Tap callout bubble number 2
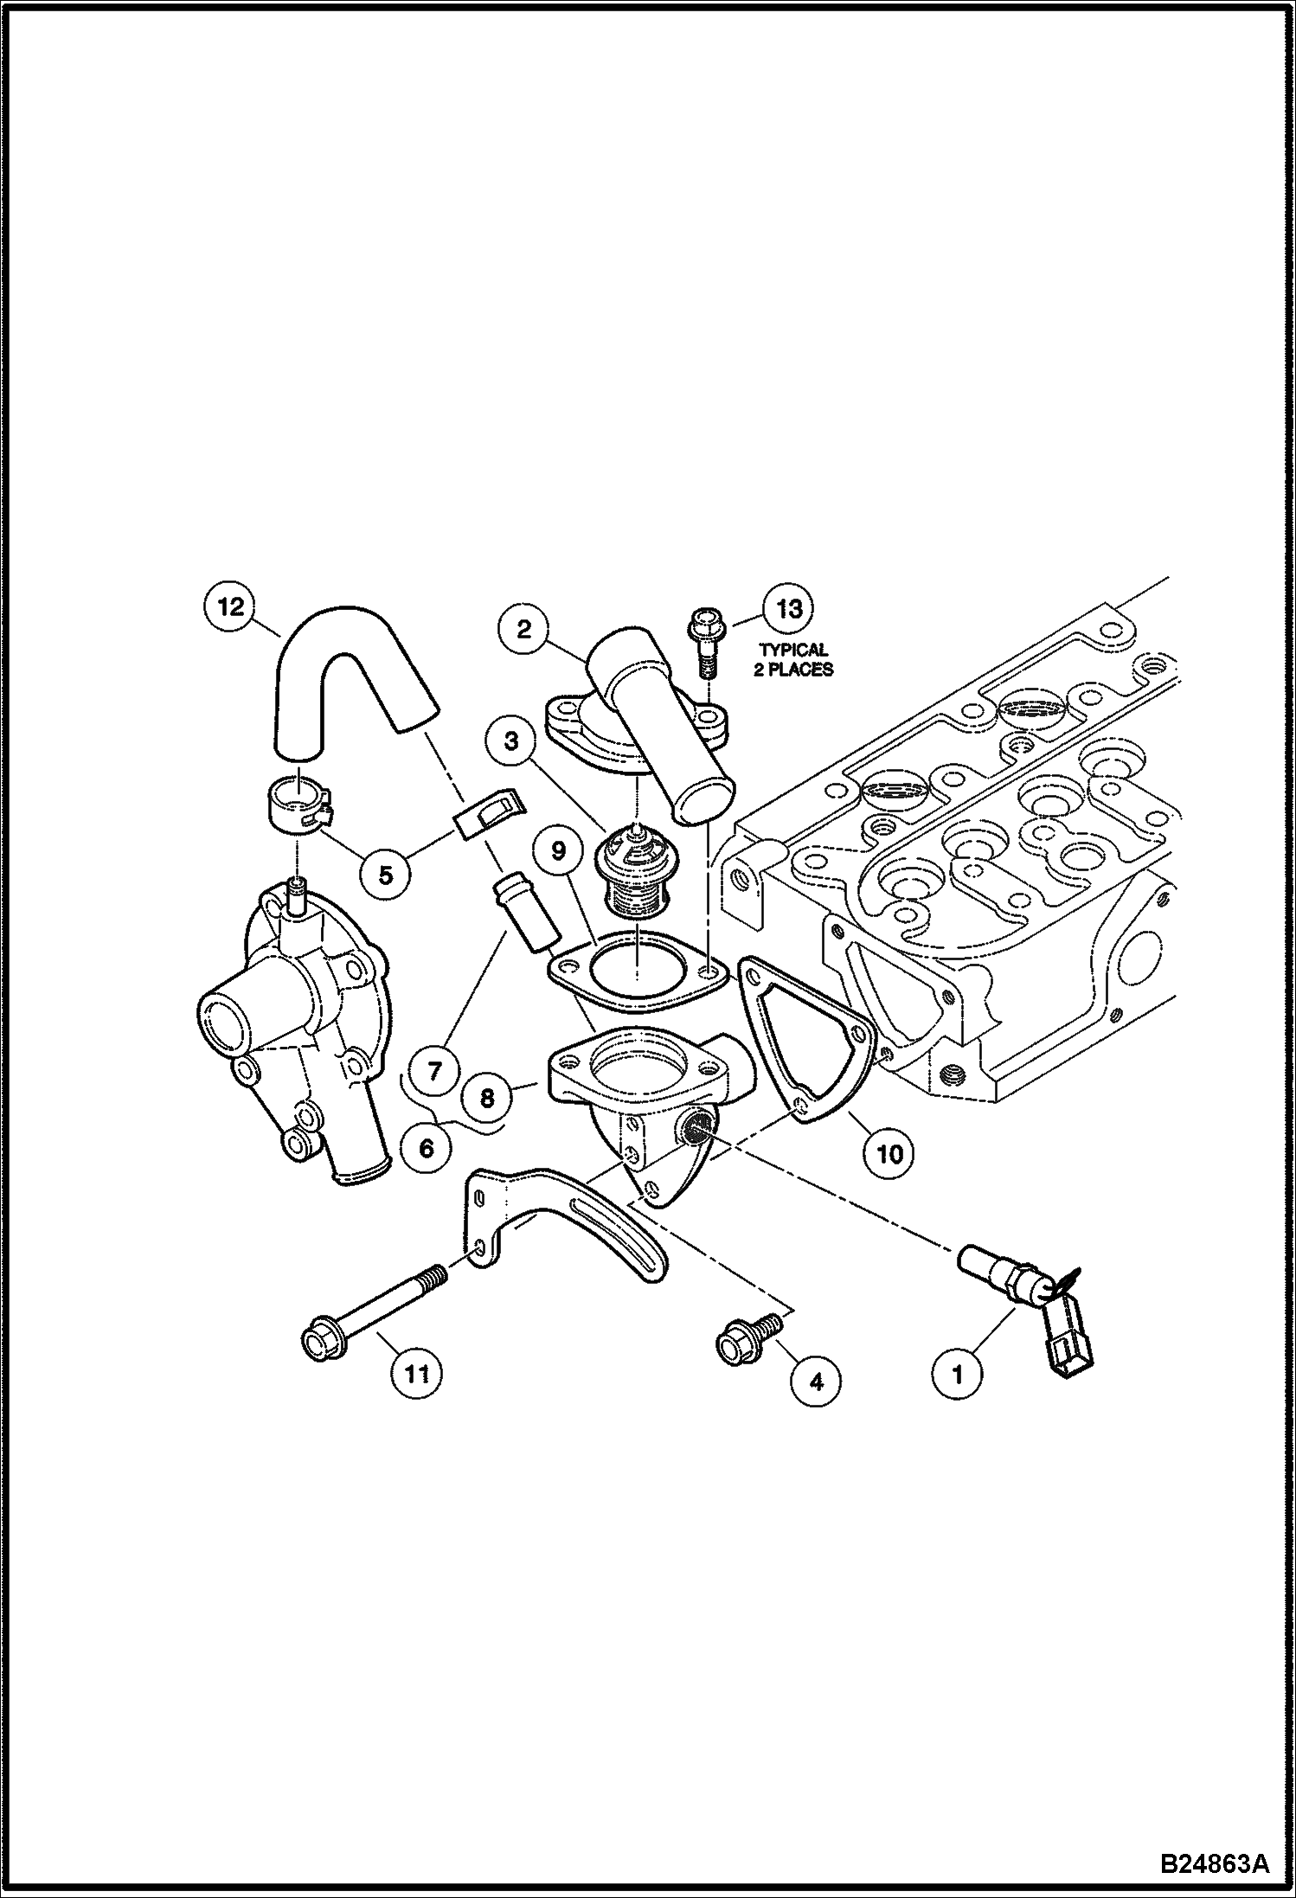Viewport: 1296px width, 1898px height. [x=524, y=629]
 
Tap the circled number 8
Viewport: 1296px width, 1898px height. [x=487, y=1098]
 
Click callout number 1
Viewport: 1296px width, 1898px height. [x=957, y=1373]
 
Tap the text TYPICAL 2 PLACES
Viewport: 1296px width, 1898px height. [x=793, y=659]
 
